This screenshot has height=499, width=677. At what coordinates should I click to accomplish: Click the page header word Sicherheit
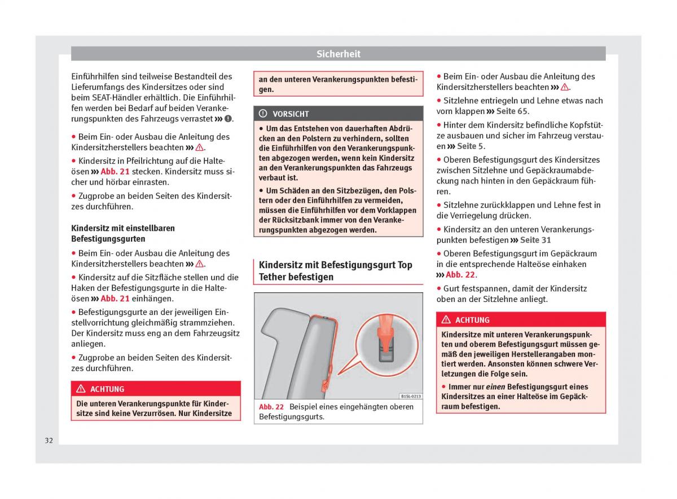click(338, 54)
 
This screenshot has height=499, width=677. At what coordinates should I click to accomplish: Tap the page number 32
click(49, 440)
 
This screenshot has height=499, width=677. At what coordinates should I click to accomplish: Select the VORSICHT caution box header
click(338, 113)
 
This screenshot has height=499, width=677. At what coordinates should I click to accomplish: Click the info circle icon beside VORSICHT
click(263, 113)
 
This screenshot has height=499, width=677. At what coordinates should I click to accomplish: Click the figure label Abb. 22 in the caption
click(271, 407)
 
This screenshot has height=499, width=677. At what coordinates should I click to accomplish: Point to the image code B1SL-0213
click(410, 396)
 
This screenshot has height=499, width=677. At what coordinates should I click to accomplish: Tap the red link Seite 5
click(471, 146)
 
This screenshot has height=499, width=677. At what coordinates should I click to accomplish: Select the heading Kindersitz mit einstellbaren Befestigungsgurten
click(123, 234)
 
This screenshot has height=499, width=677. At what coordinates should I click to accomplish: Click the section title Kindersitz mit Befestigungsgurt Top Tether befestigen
click(335, 271)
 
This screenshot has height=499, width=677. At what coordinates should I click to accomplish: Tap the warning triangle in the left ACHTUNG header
click(81, 389)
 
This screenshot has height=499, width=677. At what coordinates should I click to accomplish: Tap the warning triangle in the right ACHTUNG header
click(446, 320)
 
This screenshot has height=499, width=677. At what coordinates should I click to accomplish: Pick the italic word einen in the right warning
click(495, 387)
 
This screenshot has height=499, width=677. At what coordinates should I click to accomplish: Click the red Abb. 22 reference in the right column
click(460, 275)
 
